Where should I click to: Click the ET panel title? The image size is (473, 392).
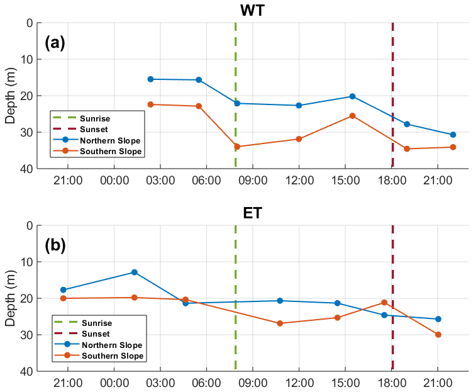[x=253, y=213]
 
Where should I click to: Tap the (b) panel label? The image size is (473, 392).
[x=55, y=245]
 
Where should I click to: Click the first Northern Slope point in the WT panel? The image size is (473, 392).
[x=150, y=79]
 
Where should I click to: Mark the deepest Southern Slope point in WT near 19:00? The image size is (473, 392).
[x=407, y=148]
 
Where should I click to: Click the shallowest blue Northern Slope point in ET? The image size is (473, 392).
[x=134, y=272]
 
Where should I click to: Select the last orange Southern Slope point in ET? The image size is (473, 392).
[x=438, y=335]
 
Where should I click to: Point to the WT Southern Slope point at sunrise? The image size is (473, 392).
[x=237, y=147]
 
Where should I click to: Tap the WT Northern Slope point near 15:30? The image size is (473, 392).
[x=352, y=96]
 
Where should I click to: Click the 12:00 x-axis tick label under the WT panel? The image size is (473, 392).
[x=299, y=181]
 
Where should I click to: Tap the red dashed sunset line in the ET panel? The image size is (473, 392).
[x=392, y=277]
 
